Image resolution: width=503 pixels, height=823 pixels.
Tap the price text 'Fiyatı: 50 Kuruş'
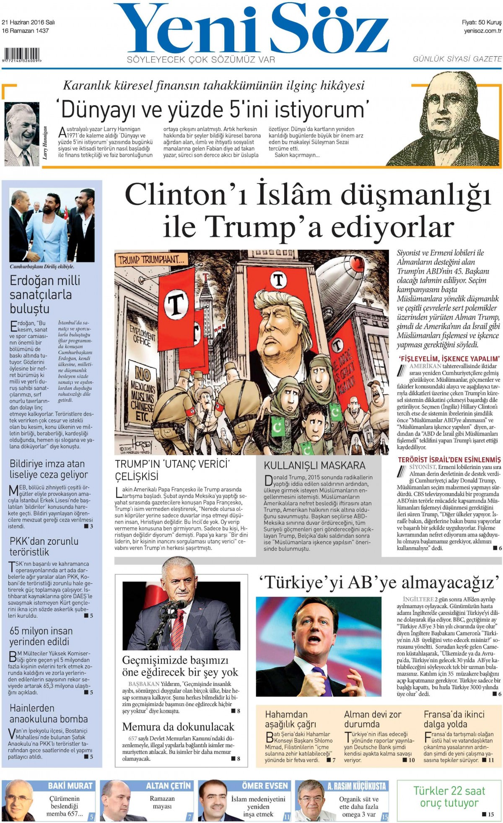coord(481,22)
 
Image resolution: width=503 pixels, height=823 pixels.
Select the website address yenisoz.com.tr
coord(482,31)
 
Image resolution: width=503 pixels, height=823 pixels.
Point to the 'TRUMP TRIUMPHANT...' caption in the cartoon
coord(151,260)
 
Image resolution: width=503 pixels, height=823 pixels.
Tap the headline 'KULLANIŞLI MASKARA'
coord(314,465)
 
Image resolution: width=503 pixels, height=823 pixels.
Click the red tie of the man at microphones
coord(178,629)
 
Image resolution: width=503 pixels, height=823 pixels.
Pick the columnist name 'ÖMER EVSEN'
coord(265,786)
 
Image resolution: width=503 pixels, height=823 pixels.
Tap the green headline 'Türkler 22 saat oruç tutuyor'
coord(449,797)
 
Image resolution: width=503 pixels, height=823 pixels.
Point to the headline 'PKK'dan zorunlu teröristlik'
coord(44,546)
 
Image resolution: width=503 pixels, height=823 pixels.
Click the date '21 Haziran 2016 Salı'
coord(29,22)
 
